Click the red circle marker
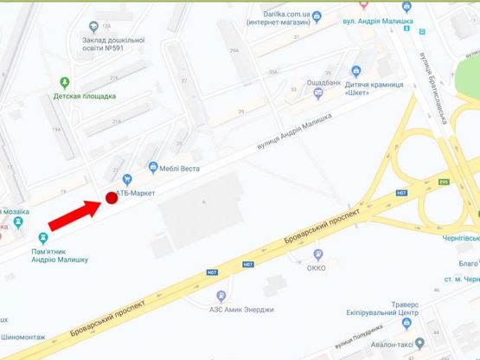click(111, 198)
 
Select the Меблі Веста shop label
click(175, 167)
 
